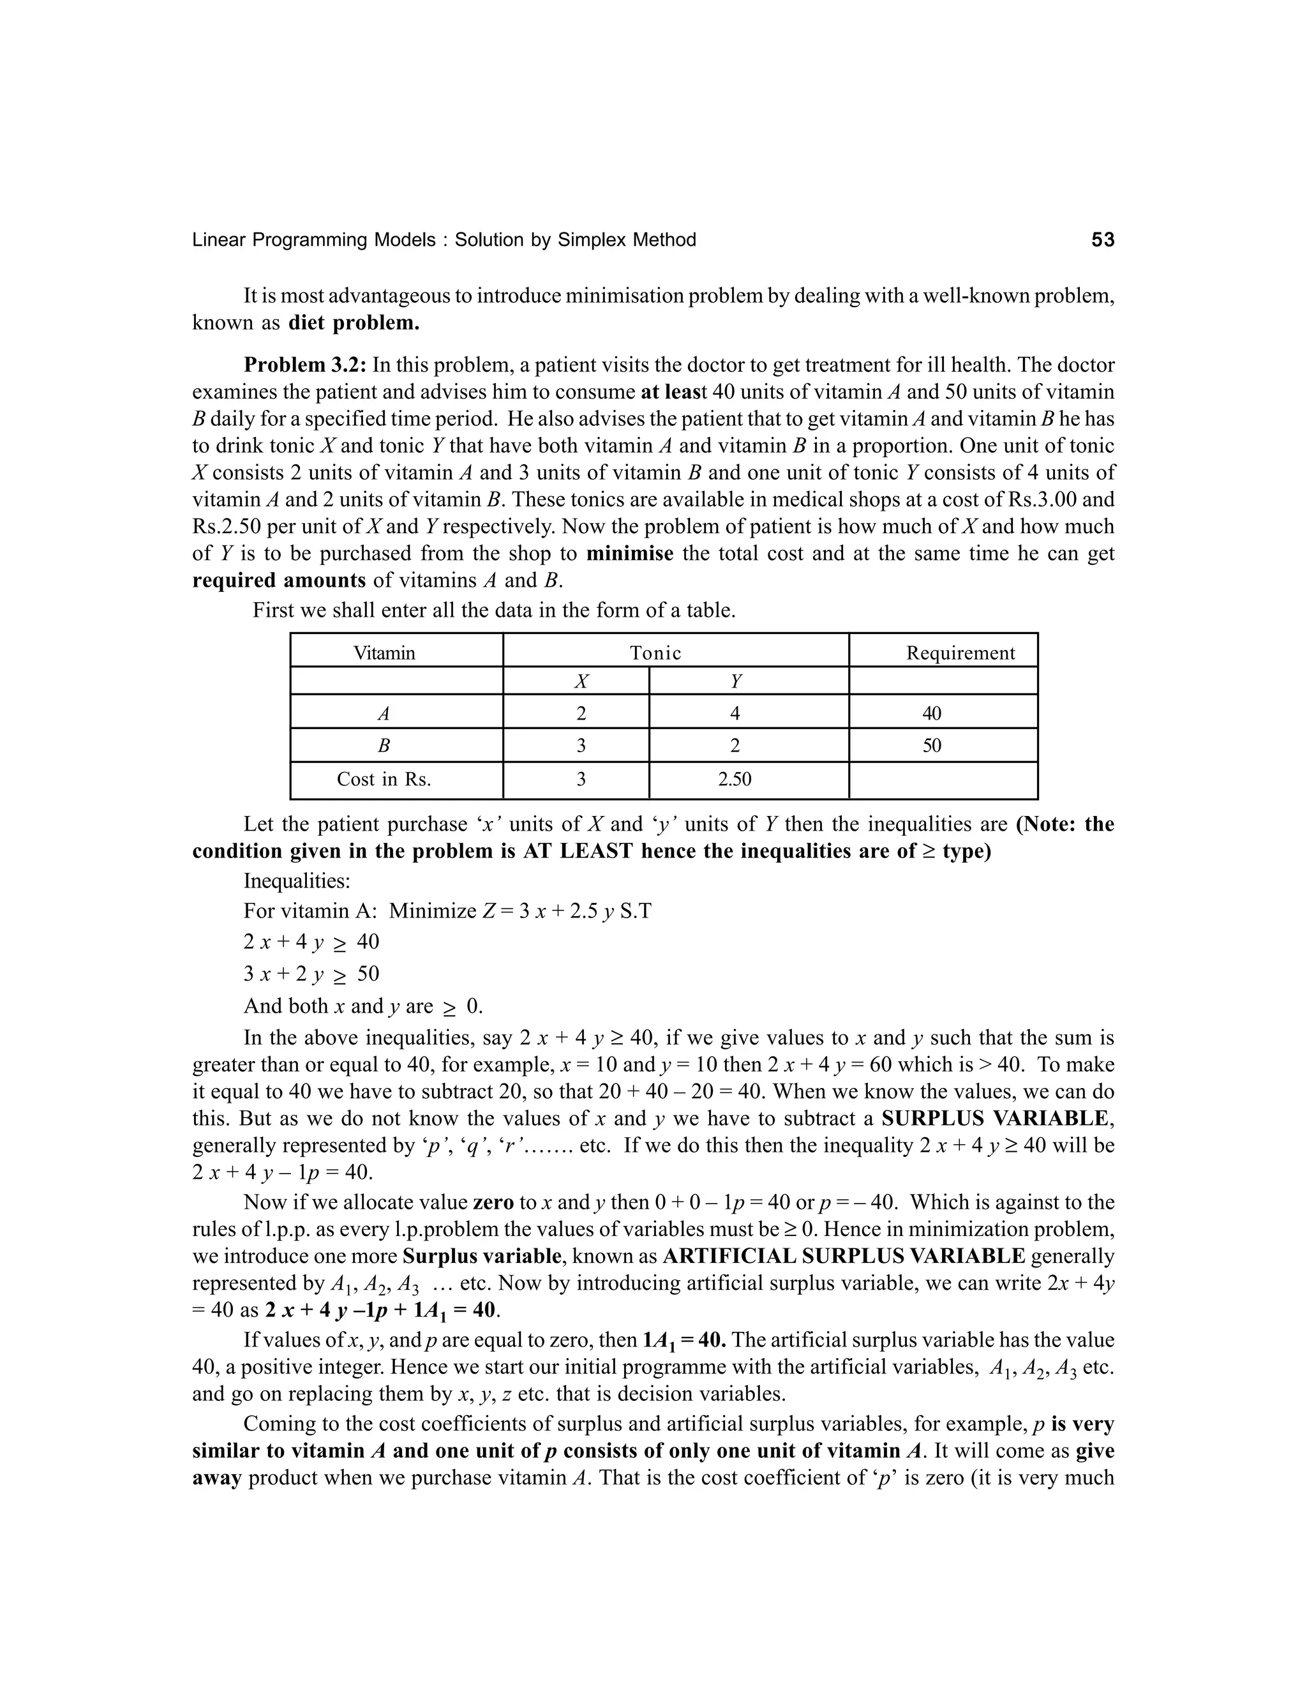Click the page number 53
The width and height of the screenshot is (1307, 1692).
[x=1103, y=240]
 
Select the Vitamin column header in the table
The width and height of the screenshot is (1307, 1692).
[x=384, y=653]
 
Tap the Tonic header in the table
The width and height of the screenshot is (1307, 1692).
[x=655, y=653]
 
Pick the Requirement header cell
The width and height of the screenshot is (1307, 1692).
[x=960, y=653]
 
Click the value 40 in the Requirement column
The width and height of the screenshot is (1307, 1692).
[x=932, y=714]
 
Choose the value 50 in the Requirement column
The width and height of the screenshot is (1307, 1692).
[x=932, y=746]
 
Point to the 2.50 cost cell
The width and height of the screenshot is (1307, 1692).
[x=734, y=780]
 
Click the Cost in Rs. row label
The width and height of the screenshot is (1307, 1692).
[x=384, y=780]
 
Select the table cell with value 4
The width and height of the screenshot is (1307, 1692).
[x=735, y=714]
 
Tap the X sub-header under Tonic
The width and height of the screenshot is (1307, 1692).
[x=581, y=682]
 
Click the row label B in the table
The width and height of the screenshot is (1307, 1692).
[x=384, y=746]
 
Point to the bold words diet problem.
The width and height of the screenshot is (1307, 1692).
[x=354, y=323]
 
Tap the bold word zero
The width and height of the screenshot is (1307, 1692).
[x=493, y=1202]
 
